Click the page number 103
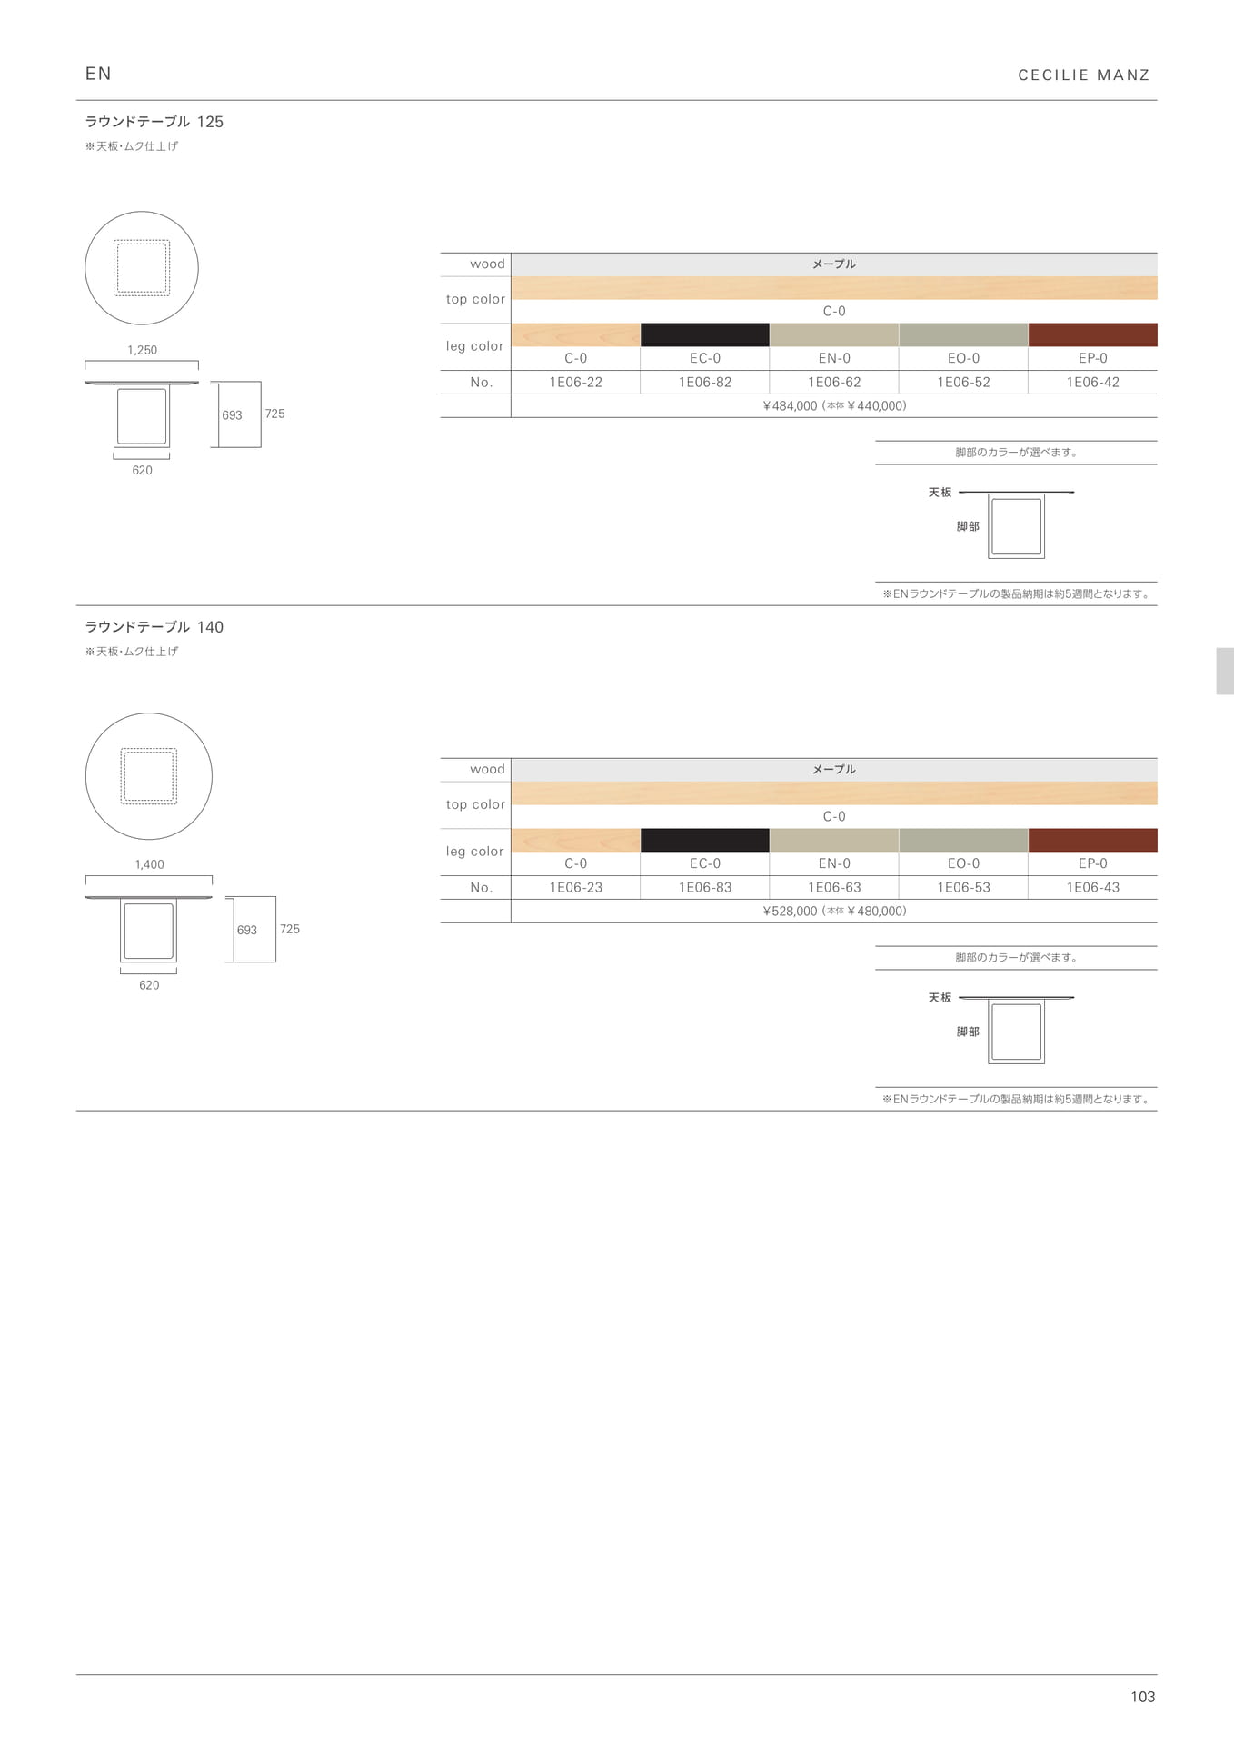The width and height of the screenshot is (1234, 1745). pos(1142,1697)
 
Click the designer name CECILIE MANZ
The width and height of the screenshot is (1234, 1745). pos(1084,75)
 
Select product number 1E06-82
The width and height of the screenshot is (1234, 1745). pos(705,383)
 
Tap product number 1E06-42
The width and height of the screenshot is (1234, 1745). pos(1092,383)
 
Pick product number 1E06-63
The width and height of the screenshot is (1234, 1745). pos(834,888)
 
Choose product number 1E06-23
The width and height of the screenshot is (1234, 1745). pos(576,888)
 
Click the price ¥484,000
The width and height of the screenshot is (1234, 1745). pos(790,406)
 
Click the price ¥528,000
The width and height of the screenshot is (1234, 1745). pos(790,912)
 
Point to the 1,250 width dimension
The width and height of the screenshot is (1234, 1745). pos(143,350)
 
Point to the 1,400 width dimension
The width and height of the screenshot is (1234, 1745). pos(150,864)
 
